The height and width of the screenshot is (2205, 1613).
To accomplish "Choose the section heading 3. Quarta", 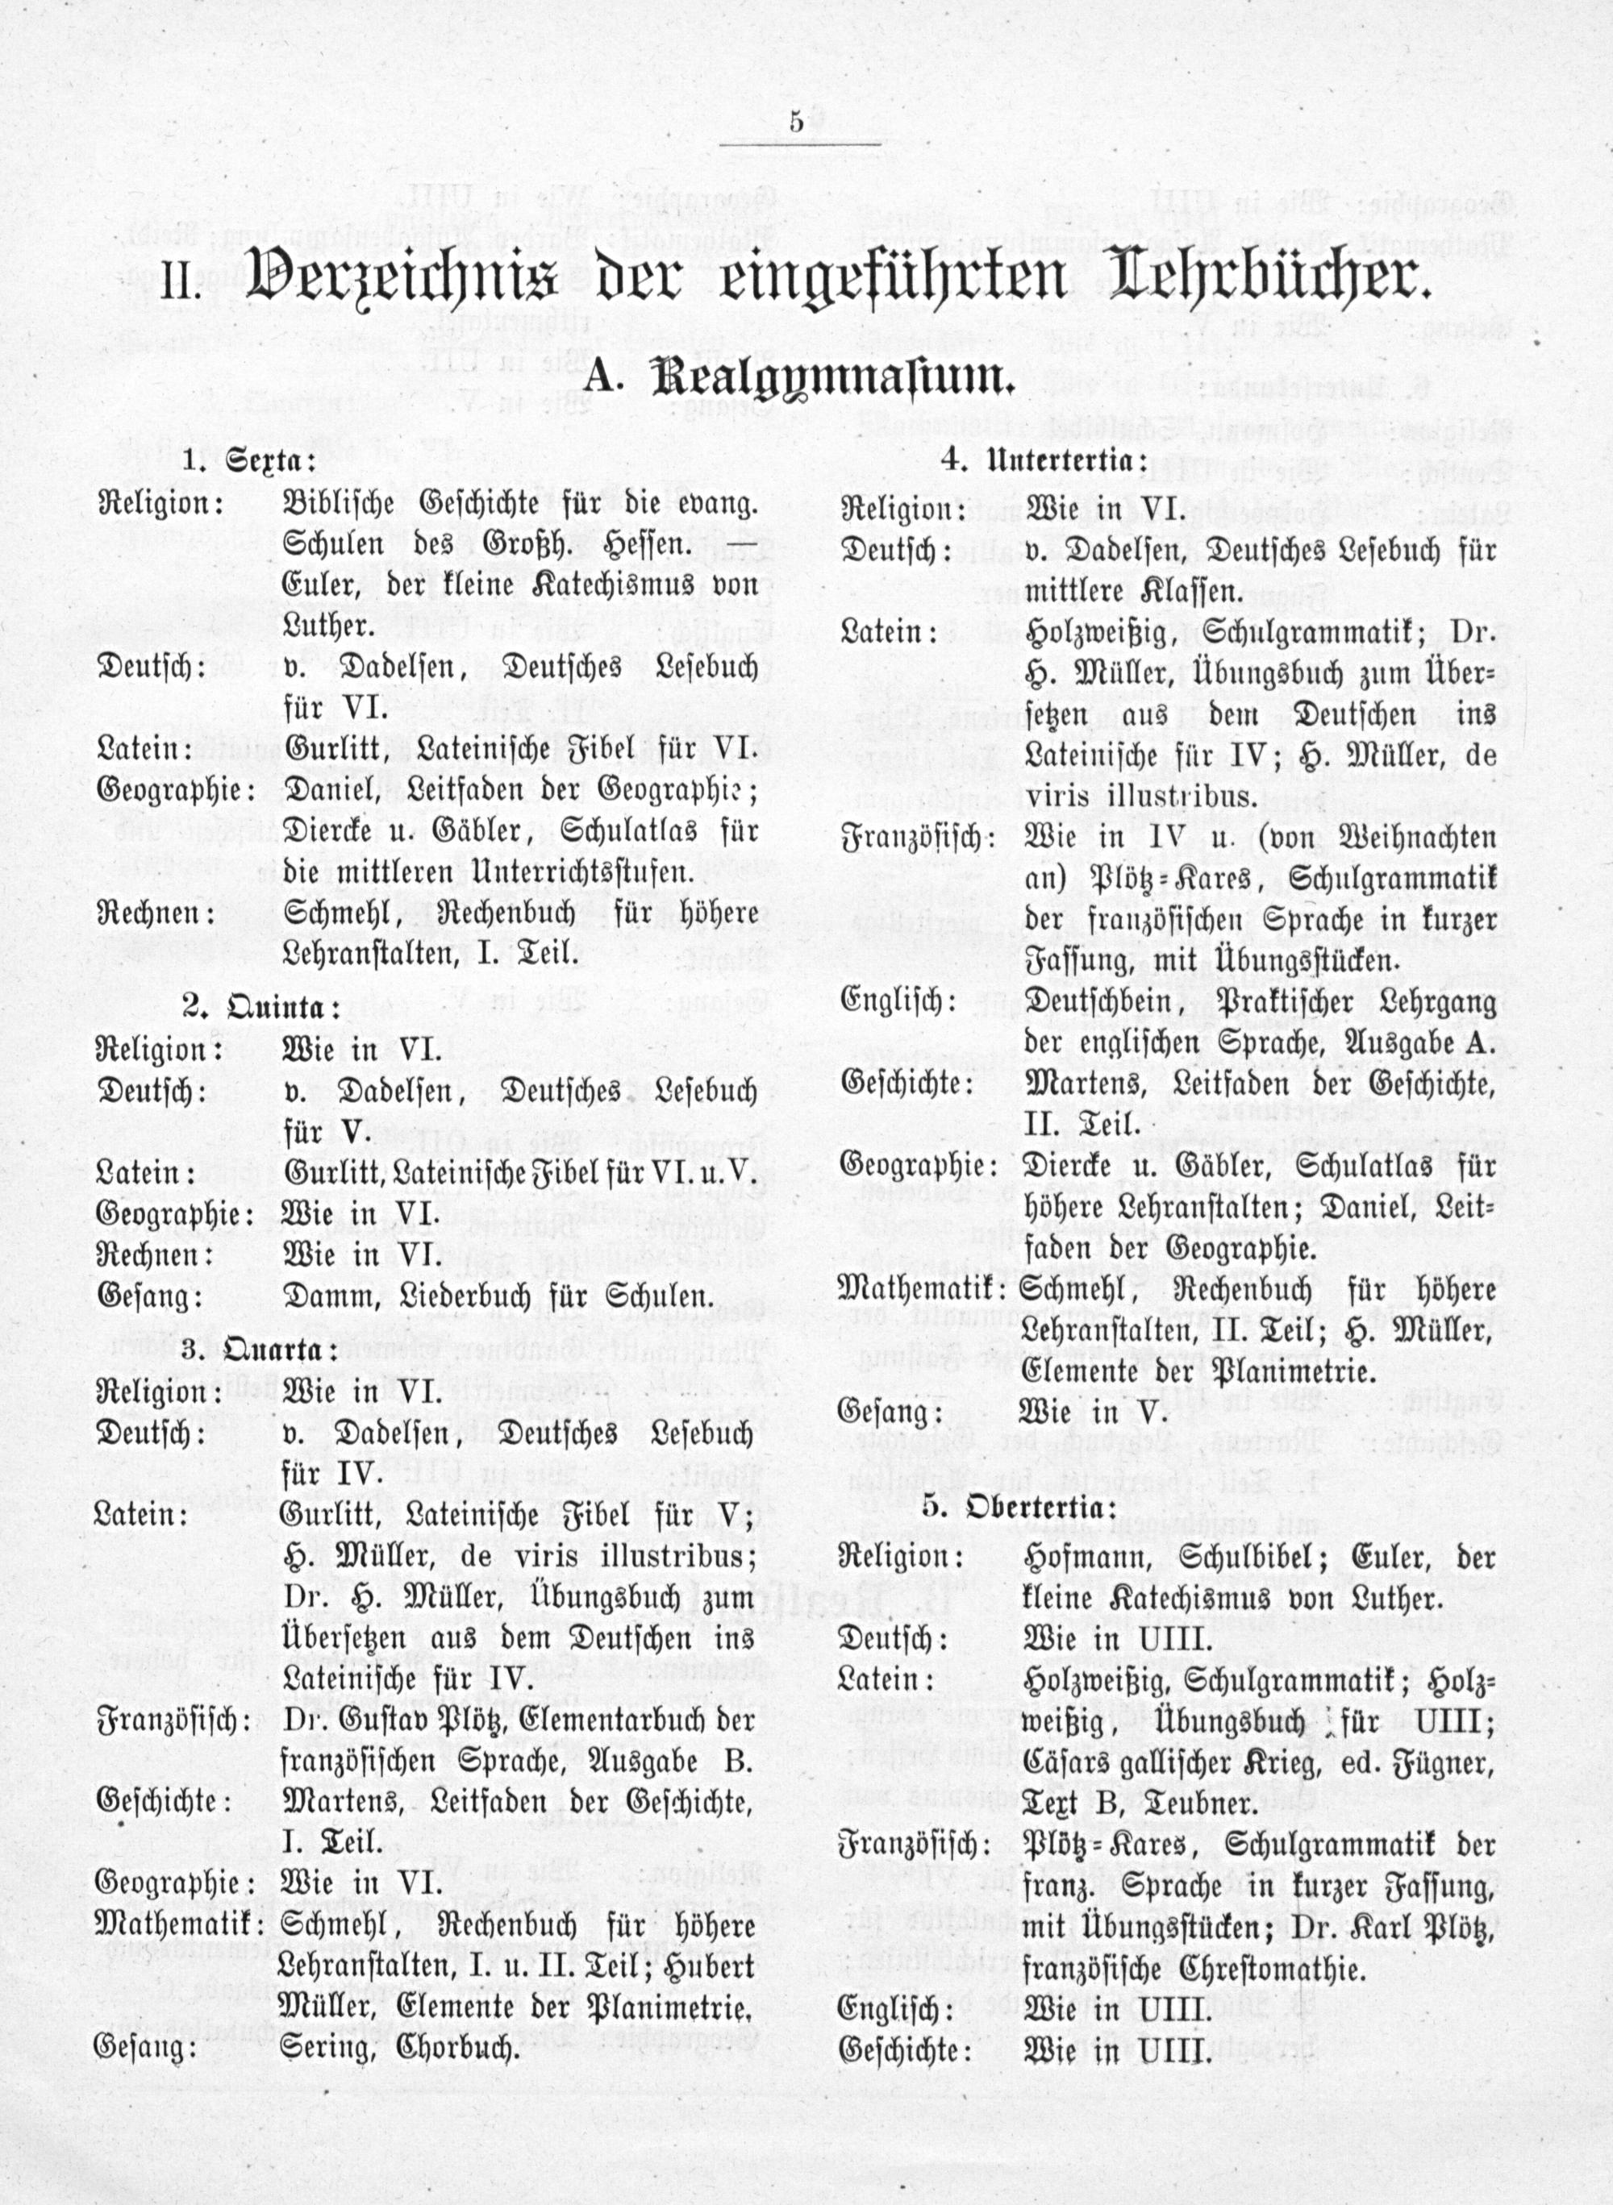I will [x=260, y=1350].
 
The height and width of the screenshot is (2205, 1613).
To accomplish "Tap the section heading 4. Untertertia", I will [x=1044, y=460].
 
